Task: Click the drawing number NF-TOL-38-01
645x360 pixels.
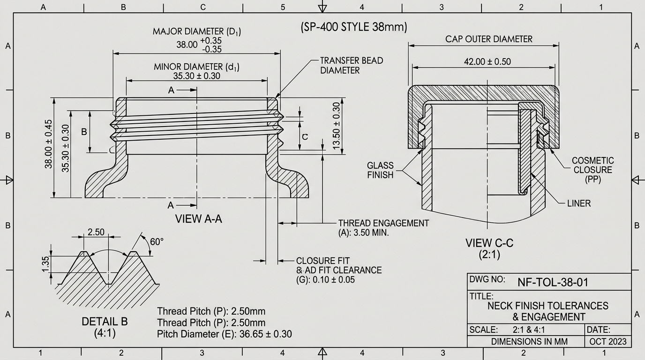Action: pyautogui.click(x=553, y=282)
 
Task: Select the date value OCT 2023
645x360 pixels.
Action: pyautogui.click(x=607, y=342)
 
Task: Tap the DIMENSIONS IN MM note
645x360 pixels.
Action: pyautogui.click(x=529, y=342)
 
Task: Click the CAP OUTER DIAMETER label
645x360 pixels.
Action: pyautogui.click(x=489, y=39)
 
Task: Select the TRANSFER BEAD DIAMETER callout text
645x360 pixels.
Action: pyautogui.click(x=351, y=66)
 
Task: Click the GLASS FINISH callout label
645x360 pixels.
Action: pyautogui.click(x=380, y=170)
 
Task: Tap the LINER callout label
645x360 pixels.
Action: pyautogui.click(x=579, y=203)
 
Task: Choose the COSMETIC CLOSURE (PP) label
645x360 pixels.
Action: pyautogui.click(x=592, y=170)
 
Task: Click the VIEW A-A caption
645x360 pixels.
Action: pyautogui.click(x=198, y=218)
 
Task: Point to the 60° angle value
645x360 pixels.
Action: pyautogui.click(x=157, y=242)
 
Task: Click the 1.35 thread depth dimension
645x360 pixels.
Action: pyautogui.click(x=45, y=263)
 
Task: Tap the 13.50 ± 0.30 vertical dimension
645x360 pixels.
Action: pyautogui.click(x=336, y=126)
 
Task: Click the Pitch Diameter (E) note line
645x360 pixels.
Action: pyautogui.click(x=224, y=334)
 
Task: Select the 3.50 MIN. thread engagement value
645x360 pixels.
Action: pyautogui.click(x=363, y=232)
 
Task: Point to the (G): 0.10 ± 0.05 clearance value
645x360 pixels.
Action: pyautogui.click(x=325, y=280)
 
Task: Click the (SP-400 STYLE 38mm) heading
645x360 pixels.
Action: pyautogui.click(x=354, y=27)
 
